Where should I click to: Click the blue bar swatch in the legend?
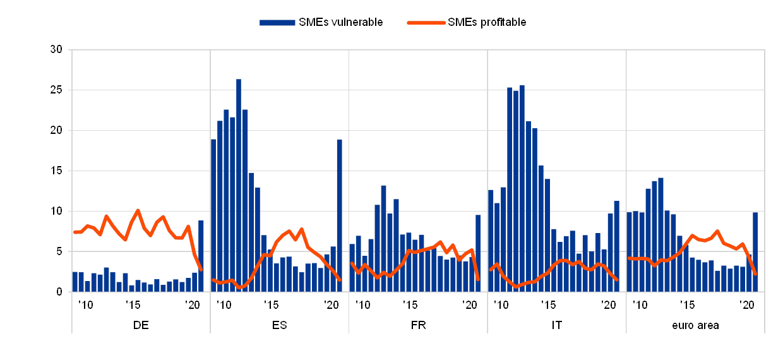pyautogui.click(x=277, y=23)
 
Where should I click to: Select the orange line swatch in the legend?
pyautogui.click(x=426, y=23)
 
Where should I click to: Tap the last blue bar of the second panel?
pyautogui.click(x=339, y=215)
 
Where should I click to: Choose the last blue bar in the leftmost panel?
pyautogui.click(x=201, y=256)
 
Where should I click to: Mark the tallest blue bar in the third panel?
pyautogui.click(x=383, y=237)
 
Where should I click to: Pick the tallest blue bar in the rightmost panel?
pyautogui.click(x=660, y=234)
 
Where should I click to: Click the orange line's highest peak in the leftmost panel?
pyautogui.click(x=138, y=210)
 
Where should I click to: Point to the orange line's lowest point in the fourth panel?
pyautogui.click(x=516, y=287)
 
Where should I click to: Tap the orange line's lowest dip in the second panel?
pyautogui.click(x=239, y=287)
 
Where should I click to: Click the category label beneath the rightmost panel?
pyautogui.click(x=695, y=326)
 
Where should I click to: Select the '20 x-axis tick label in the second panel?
pyautogui.click(x=331, y=304)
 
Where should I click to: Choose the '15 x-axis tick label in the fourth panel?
pyautogui.click(x=548, y=304)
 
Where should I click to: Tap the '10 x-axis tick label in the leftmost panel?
pyautogui.click(x=86, y=304)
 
